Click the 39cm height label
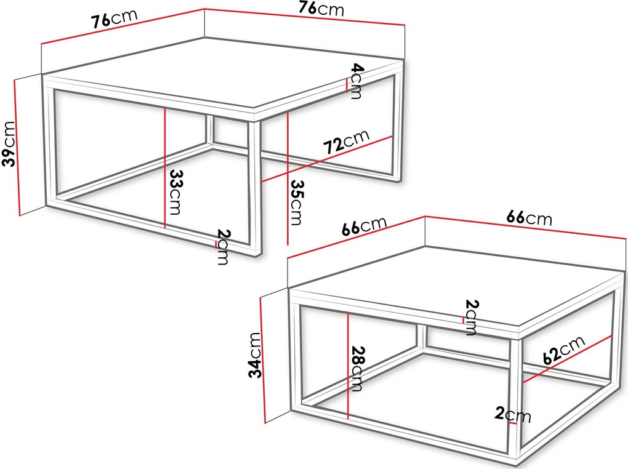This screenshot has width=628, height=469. (x=9, y=143)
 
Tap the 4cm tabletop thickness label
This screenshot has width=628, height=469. (x=356, y=81)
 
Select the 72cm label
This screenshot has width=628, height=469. (x=346, y=142)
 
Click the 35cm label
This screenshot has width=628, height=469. (x=297, y=202)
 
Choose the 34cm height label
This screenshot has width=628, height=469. (x=255, y=355)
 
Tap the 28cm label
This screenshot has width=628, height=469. (x=356, y=368)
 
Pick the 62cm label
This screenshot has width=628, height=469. (x=565, y=350)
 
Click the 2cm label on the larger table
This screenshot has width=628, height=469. (x=223, y=247)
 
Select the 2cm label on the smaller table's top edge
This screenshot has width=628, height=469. (x=472, y=317)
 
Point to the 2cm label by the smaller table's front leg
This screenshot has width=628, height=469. (x=513, y=415)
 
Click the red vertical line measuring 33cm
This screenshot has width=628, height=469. (x=164, y=167)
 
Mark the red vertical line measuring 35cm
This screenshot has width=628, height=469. (x=288, y=178)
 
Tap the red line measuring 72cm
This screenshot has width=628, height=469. (x=327, y=159)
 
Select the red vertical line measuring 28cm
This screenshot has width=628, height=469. (x=349, y=366)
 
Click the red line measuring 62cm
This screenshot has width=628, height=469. (x=568, y=359)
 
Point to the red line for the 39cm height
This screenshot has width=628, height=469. (x=17, y=147)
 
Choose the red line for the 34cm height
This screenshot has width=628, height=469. (x=263, y=359)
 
